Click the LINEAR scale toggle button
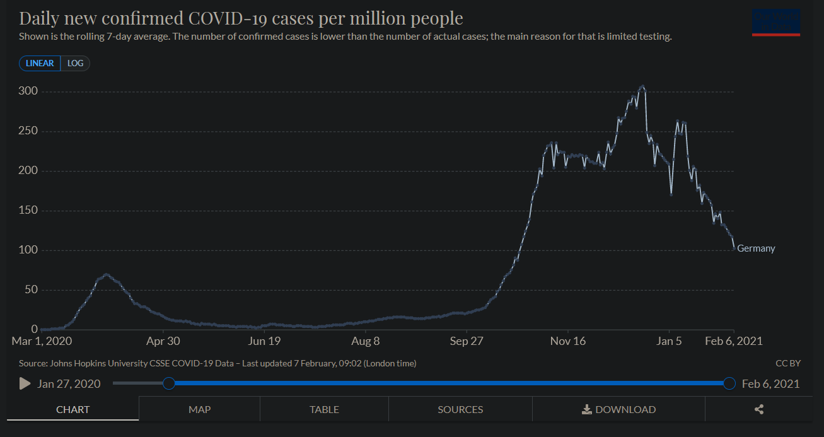(x=40, y=64)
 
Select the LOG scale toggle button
(x=75, y=64)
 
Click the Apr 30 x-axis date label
(x=163, y=341)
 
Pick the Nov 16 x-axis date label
(x=567, y=341)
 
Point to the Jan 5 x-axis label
(x=669, y=341)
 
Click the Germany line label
(x=756, y=248)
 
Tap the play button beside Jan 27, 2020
(x=25, y=383)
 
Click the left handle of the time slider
(x=169, y=383)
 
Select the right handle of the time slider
(x=729, y=383)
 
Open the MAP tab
(x=199, y=409)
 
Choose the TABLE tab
(x=324, y=409)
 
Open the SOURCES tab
(x=460, y=409)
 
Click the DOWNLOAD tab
(x=618, y=409)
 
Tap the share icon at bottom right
(x=759, y=409)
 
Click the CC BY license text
(x=788, y=363)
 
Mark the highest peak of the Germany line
(x=642, y=86)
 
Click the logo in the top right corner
(x=776, y=22)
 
